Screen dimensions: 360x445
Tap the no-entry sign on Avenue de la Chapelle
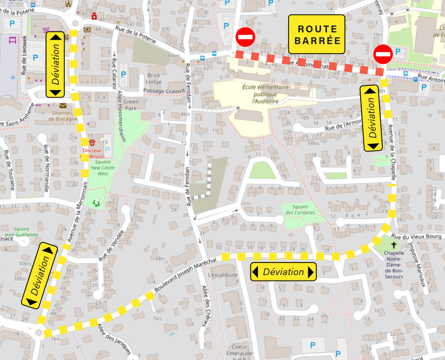coord(382,53)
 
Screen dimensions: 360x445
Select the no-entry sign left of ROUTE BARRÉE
coord(245,37)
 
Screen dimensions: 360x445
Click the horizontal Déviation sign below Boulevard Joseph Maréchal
coord(283,272)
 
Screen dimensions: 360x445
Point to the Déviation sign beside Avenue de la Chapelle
coord(373,118)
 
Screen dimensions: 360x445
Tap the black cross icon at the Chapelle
coord(393,245)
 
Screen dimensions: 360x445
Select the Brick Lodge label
coord(153,78)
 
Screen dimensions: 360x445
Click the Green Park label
coord(131,105)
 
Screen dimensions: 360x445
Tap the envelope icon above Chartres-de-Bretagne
coord(63,105)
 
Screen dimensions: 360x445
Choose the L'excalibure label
coord(222,275)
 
